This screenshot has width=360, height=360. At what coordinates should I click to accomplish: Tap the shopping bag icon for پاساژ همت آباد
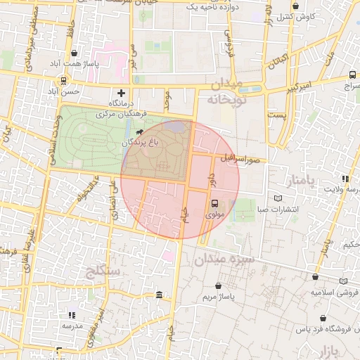pos(75,53)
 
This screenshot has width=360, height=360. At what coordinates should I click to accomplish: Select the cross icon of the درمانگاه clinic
pos(121,92)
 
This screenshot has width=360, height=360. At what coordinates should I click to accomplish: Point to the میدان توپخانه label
pos(225,92)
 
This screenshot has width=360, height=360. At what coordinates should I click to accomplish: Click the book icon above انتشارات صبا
pos(291,199)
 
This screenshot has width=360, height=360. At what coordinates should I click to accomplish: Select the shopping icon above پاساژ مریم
pos(220,286)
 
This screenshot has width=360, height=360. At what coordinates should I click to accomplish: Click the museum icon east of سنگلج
pos(160,294)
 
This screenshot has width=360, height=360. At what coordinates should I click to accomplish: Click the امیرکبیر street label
pos(296,88)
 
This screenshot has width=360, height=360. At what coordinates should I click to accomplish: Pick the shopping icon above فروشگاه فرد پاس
pos(314,318)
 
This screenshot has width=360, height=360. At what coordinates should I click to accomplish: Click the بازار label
pos(345,349)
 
